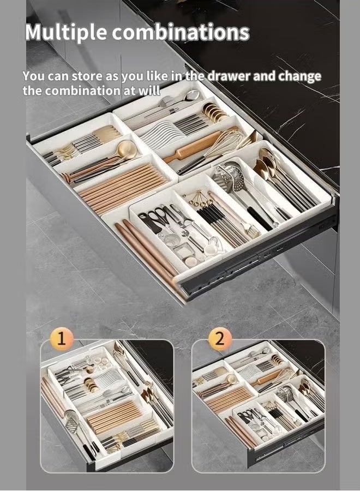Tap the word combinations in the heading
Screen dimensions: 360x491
(181, 32)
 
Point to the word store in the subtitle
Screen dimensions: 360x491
(87, 76)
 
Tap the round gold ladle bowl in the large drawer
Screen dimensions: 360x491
(126, 147)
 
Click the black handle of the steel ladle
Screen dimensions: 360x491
(260, 218)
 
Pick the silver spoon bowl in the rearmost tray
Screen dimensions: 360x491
(191, 95)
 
